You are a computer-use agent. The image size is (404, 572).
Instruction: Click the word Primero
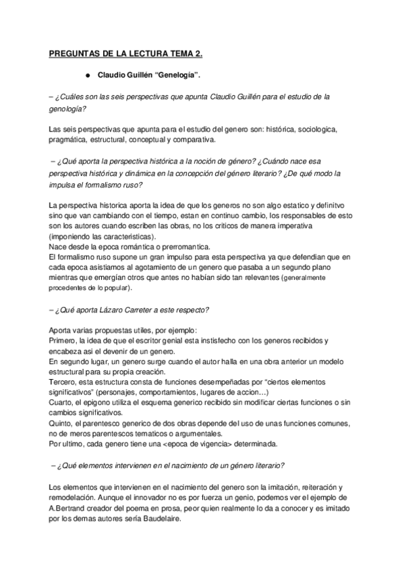pos(63,341)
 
